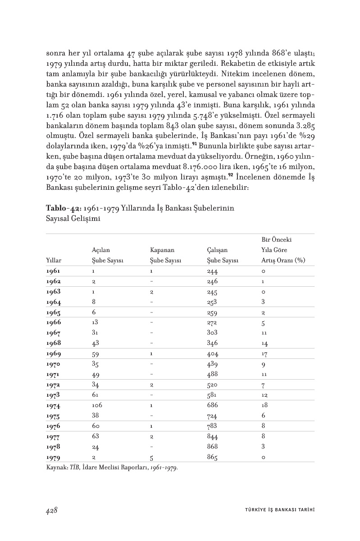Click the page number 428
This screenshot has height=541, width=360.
point(51,510)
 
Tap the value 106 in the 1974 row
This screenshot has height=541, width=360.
point(97,405)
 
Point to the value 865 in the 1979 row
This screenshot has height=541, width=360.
point(212,458)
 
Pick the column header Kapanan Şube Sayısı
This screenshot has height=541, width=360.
point(165,255)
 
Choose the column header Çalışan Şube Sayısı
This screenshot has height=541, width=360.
point(223,255)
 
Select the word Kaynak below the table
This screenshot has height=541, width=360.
point(56,467)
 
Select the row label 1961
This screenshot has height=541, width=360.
point(53,271)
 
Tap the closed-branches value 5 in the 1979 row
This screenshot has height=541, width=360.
point(152,458)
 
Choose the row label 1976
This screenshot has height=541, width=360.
point(53,426)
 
